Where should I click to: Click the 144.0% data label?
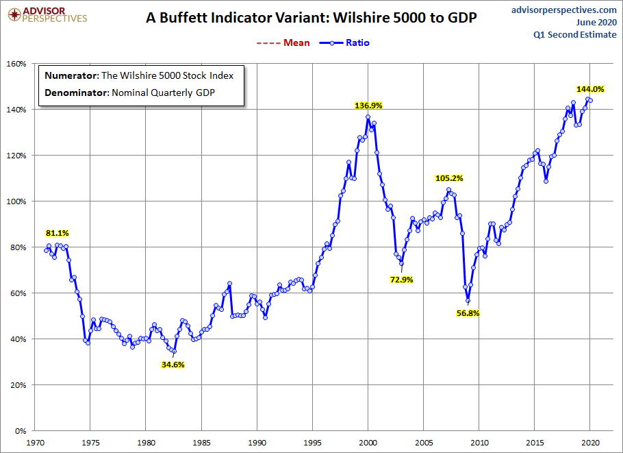pyautogui.click(x=590, y=89)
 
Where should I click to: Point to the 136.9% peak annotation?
pyautogui.click(x=368, y=106)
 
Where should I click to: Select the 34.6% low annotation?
pyautogui.click(x=173, y=365)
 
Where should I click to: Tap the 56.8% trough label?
pyautogui.click(x=468, y=313)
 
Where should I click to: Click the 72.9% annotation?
pyautogui.click(x=402, y=280)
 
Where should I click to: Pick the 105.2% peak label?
pyautogui.click(x=449, y=178)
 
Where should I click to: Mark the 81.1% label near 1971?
pyautogui.click(x=58, y=233)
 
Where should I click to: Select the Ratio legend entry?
pyautogui.click(x=348, y=42)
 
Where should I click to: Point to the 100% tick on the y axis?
pyautogui.click(x=15, y=201)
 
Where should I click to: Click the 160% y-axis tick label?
pyautogui.click(x=15, y=64)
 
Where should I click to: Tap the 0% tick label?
pyautogui.click(x=19, y=431)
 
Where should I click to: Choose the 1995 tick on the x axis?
pyautogui.click(x=313, y=443)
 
